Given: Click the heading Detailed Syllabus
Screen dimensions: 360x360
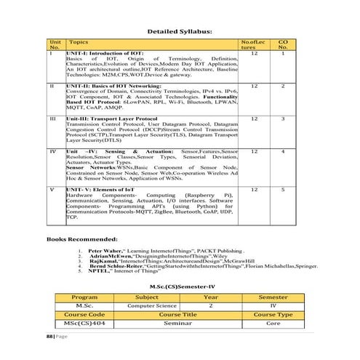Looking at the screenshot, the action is tap(180, 32).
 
